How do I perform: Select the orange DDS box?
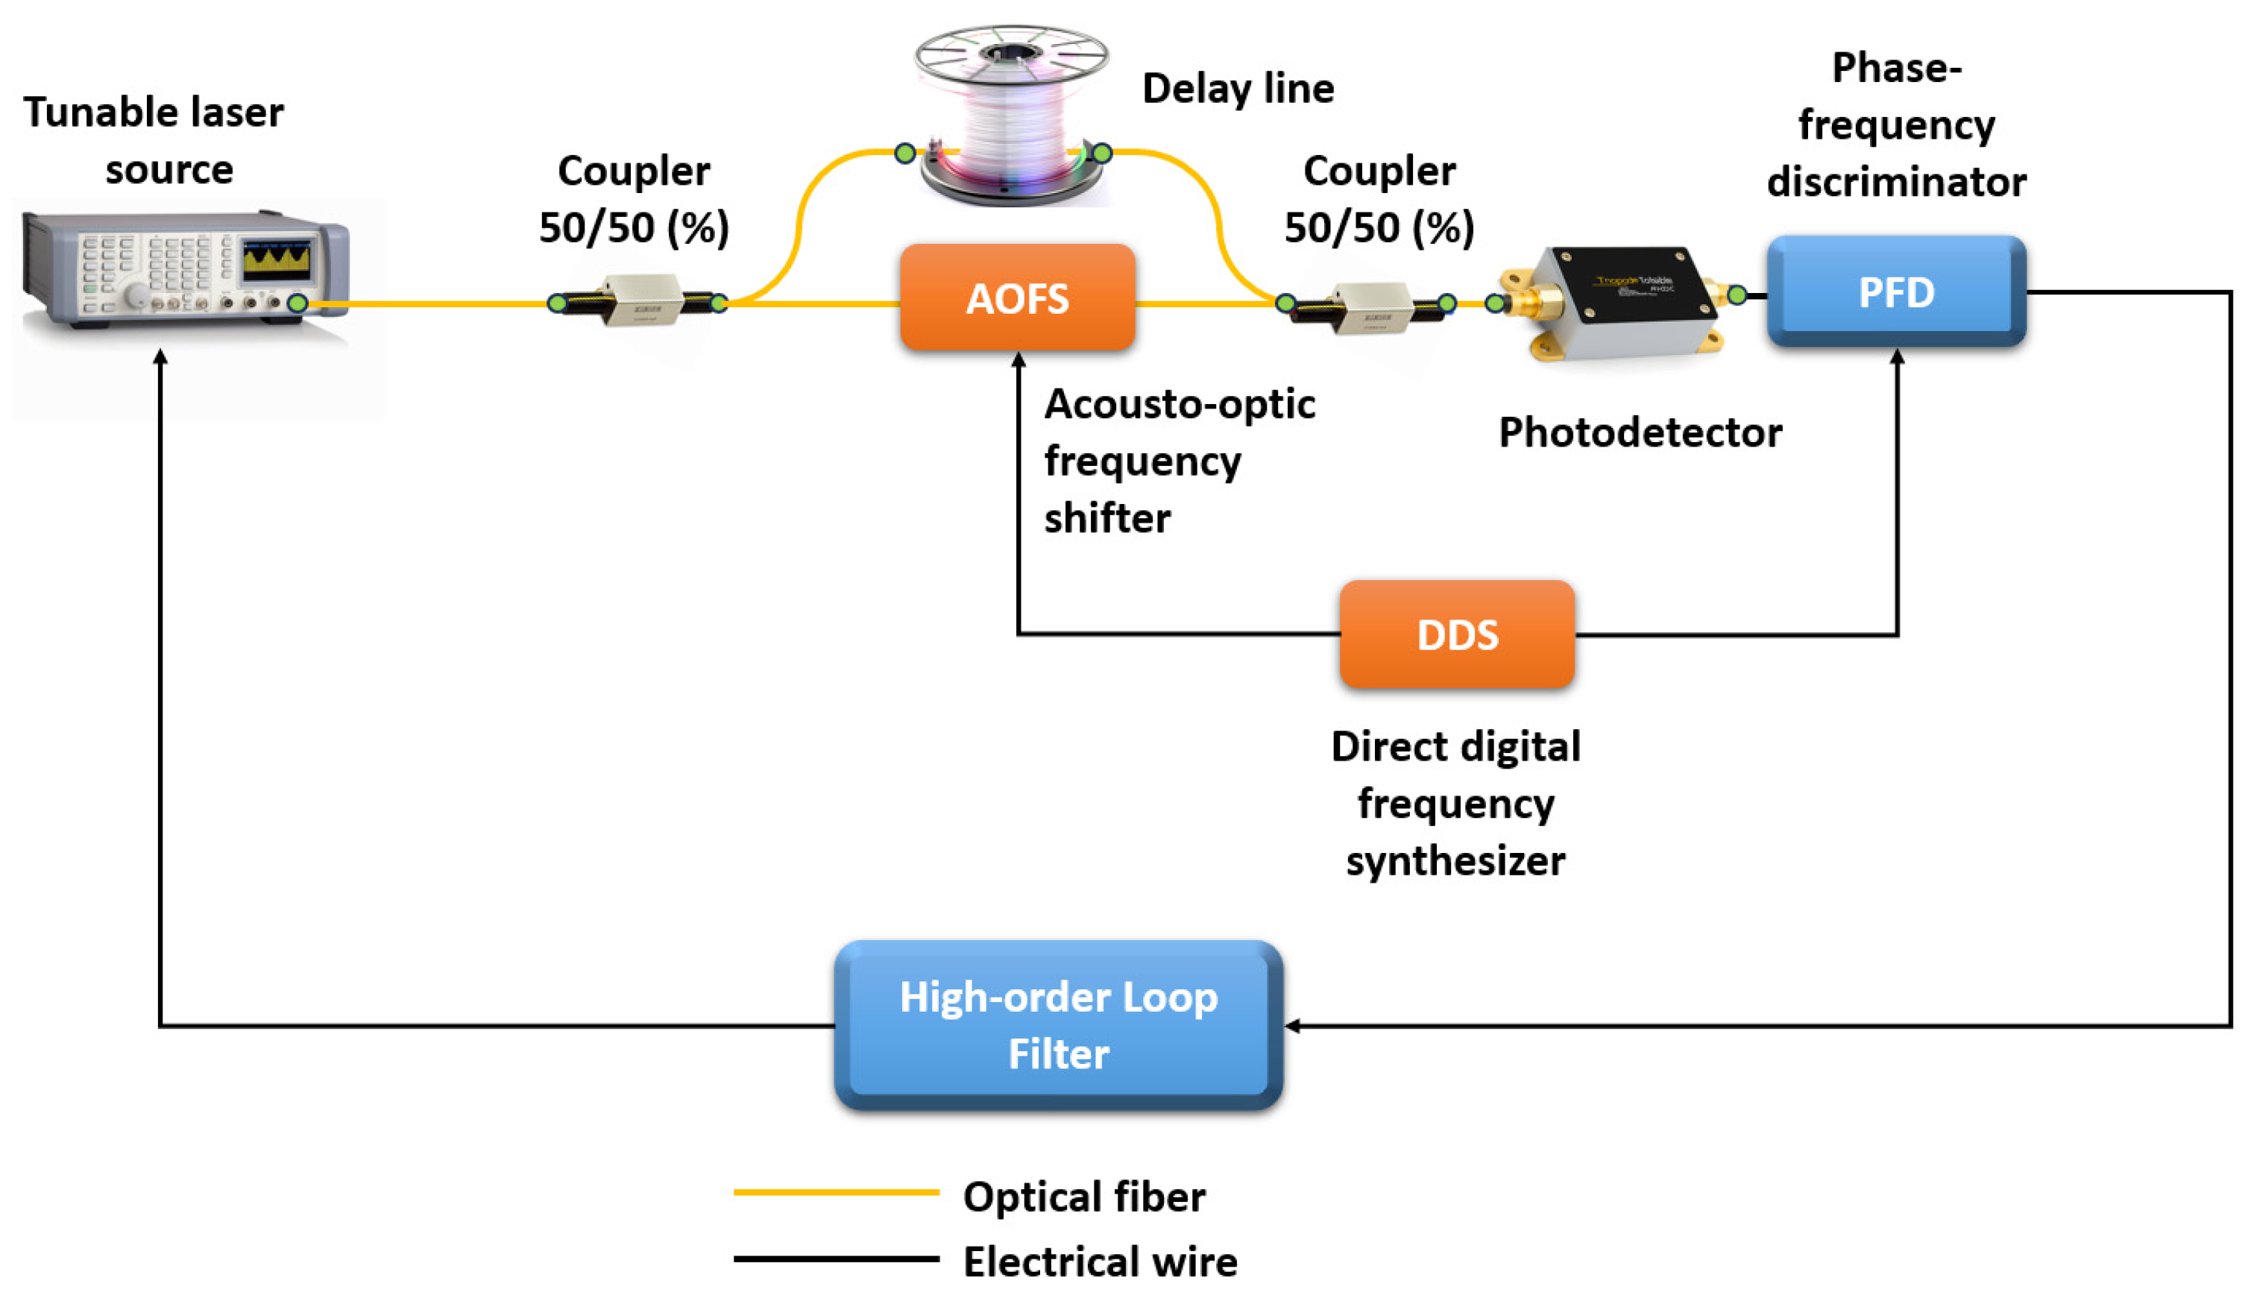tap(1456, 634)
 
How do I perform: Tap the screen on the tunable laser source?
tap(277, 259)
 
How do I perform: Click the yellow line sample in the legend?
tap(835, 1191)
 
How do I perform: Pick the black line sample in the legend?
tap(835, 1259)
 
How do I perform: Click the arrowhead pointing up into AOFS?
tap(1019, 359)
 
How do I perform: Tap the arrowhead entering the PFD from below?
tap(1896, 356)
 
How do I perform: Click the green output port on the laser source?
tap(297, 303)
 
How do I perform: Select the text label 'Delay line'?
tap(1237, 89)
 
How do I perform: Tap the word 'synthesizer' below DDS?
tap(1455, 860)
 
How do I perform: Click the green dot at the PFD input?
tap(1737, 294)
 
